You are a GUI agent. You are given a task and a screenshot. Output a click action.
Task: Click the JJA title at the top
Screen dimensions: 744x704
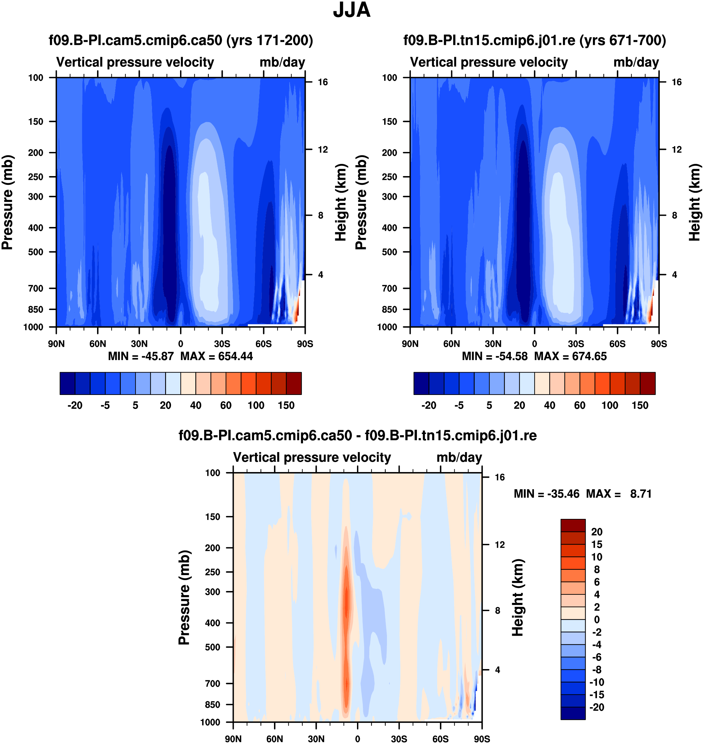tap(352, 10)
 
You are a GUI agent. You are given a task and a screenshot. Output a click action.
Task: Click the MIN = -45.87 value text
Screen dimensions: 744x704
tap(141, 356)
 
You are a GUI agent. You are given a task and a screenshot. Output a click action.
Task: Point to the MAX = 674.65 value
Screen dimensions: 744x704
tap(570, 356)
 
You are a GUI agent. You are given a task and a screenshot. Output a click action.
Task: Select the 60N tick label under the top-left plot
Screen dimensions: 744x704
tap(98, 344)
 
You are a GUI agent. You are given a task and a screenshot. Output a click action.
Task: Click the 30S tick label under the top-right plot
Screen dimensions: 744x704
tap(576, 344)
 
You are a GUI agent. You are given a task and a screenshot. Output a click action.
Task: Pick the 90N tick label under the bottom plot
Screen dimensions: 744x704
tap(233, 739)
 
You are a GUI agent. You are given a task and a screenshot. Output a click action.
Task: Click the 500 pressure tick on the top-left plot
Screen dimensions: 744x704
tap(36, 252)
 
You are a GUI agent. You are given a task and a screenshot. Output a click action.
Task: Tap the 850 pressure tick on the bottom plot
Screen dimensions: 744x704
tap(213, 705)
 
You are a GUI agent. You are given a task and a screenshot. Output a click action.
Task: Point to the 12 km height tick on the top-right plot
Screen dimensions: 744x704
tap(677, 150)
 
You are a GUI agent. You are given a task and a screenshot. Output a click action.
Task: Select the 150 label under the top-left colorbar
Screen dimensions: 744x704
tap(286, 406)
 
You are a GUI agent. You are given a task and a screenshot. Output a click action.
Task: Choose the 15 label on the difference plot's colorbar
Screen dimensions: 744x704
tap(597, 544)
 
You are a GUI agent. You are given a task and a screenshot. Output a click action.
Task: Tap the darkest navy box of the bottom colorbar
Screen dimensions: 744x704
tap(573, 713)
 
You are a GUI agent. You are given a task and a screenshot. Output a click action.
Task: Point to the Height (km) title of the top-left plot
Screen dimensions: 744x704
tap(340, 202)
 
